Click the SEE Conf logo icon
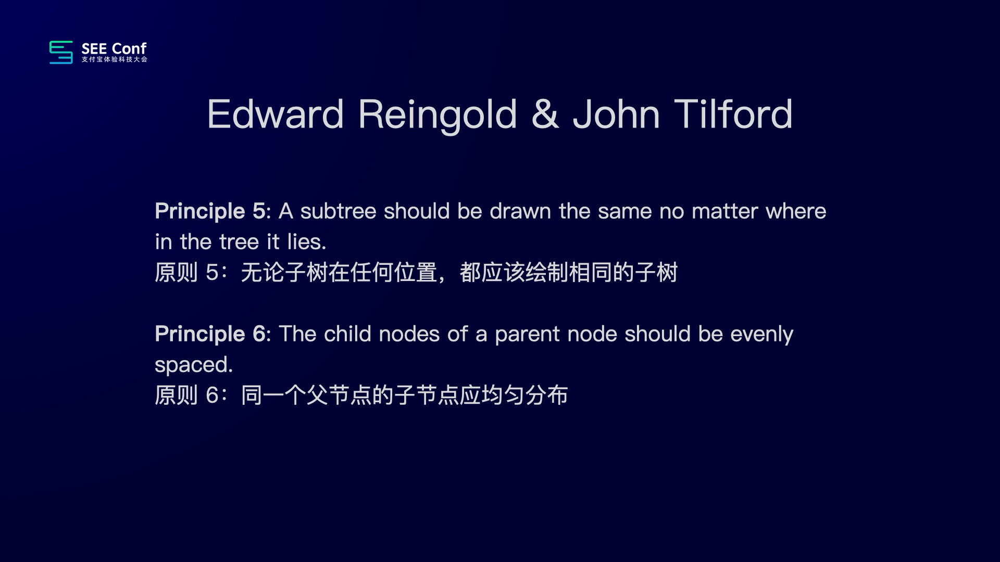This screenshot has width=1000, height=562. click(x=61, y=52)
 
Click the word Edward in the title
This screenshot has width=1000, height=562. click(x=276, y=114)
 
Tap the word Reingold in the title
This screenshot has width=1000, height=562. click(x=438, y=116)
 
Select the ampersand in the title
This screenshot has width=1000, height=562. click(x=545, y=114)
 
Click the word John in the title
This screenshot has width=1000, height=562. click(x=617, y=114)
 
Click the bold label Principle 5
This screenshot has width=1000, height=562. click(x=210, y=212)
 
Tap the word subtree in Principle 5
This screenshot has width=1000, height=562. click(x=338, y=211)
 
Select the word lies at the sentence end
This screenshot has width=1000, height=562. click(x=306, y=242)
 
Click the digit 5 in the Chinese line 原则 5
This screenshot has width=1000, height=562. click(x=212, y=273)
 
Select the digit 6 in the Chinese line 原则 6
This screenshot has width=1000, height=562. click(x=212, y=395)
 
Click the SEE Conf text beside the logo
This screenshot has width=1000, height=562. click(x=114, y=48)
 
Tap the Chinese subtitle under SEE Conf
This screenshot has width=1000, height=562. click(x=114, y=59)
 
